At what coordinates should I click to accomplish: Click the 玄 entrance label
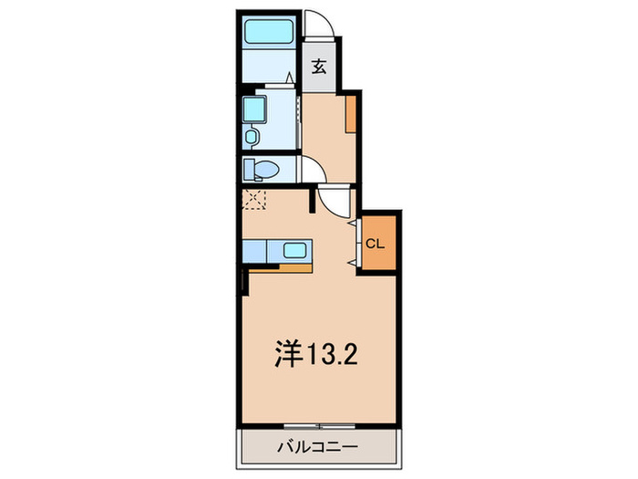(x=320, y=66)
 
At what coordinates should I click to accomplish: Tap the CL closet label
(x=375, y=244)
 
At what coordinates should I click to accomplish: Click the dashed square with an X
(x=252, y=198)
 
